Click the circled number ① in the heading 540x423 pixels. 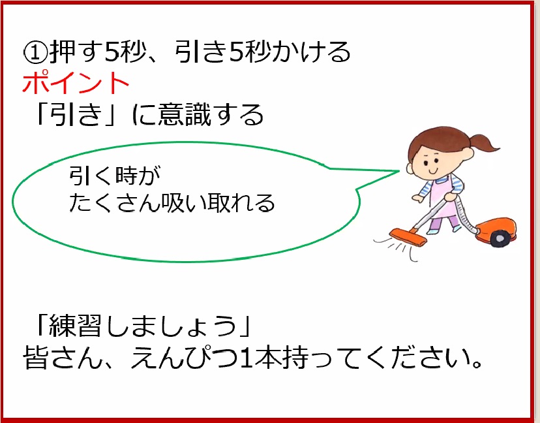(x=36, y=53)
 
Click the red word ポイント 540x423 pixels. (x=76, y=83)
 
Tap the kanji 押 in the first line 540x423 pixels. (x=63, y=52)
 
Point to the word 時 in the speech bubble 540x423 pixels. (x=127, y=176)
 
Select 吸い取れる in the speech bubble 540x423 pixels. (x=218, y=202)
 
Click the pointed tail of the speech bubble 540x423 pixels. (x=398, y=170)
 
